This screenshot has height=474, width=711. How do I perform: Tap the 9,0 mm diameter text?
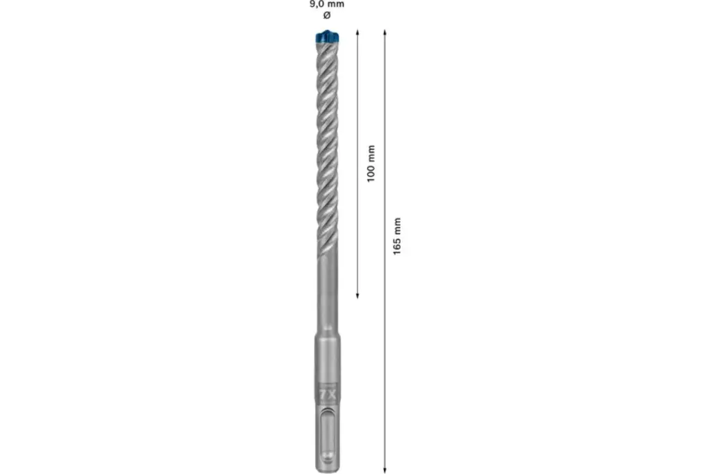[x=327, y=4]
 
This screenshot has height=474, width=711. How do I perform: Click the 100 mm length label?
[x=371, y=163]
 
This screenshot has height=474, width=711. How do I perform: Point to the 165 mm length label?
[x=398, y=236]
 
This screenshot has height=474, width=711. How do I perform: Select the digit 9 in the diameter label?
[x=312, y=4]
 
